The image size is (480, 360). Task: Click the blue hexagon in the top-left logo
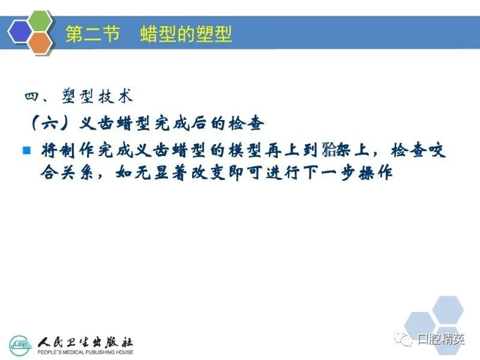[20, 32]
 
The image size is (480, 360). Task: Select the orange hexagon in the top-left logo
[40, 43]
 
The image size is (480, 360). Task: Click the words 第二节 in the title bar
[92, 34]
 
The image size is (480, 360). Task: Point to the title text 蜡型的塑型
[186, 34]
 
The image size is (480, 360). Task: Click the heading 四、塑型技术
[79, 97]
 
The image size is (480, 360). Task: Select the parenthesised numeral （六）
[49, 124]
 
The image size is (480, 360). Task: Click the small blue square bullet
[27, 151]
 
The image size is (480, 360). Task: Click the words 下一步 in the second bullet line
[332, 173]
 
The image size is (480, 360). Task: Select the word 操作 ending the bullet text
[376, 173]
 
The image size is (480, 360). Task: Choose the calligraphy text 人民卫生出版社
[85, 342]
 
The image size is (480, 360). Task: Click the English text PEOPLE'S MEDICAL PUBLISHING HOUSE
[85, 352]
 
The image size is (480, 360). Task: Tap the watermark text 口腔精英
[441, 339]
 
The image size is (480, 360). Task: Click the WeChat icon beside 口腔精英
[403, 339]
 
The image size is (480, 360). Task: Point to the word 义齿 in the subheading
[96, 124]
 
